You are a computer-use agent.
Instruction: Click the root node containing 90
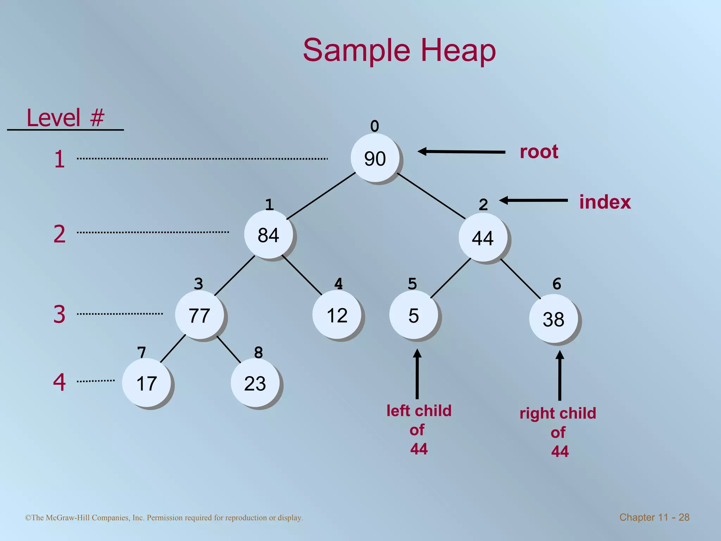[x=375, y=158]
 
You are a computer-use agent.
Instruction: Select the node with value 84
[x=269, y=235]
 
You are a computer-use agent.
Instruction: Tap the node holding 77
[x=199, y=315]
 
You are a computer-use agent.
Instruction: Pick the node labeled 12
[x=337, y=315]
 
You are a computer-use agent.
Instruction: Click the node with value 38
[x=553, y=319]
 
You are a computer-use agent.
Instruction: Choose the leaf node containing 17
[x=146, y=383]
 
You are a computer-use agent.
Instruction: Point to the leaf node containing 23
[x=255, y=383]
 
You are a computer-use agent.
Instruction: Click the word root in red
[x=539, y=152]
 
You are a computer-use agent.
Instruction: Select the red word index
[x=605, y=202]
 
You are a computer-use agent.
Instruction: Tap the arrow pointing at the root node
[x=461, y=152]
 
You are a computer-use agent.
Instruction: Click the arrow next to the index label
[x=533, y=200]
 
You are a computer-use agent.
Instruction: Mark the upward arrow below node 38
[x=559, y=375]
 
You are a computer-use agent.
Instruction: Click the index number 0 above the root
[x=375, y=126]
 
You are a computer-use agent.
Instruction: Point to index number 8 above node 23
[x=258, y=352]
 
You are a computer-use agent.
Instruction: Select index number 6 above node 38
[x=557, y=284]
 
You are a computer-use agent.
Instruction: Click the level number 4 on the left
[x=59, y=382]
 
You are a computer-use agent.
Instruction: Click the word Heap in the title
[x=458, y=50]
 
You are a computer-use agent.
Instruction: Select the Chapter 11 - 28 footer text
[x=654, y=517]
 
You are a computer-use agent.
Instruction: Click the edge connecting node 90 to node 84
[x=321, y=195]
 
